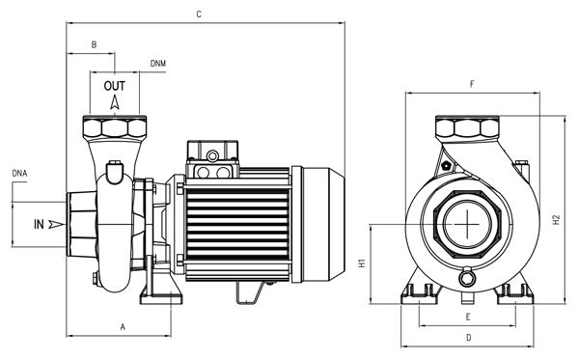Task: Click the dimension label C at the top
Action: point(199,14)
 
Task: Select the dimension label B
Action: point(94,44)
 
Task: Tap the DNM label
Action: point(158,64)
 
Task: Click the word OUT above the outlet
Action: point(115,86)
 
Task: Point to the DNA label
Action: point(19,173)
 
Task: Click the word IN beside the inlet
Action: point(39,224)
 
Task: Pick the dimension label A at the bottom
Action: point(123,327)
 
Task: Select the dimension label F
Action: point(472,84)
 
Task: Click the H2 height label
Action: point(557,220)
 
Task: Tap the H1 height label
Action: point(362,263)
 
